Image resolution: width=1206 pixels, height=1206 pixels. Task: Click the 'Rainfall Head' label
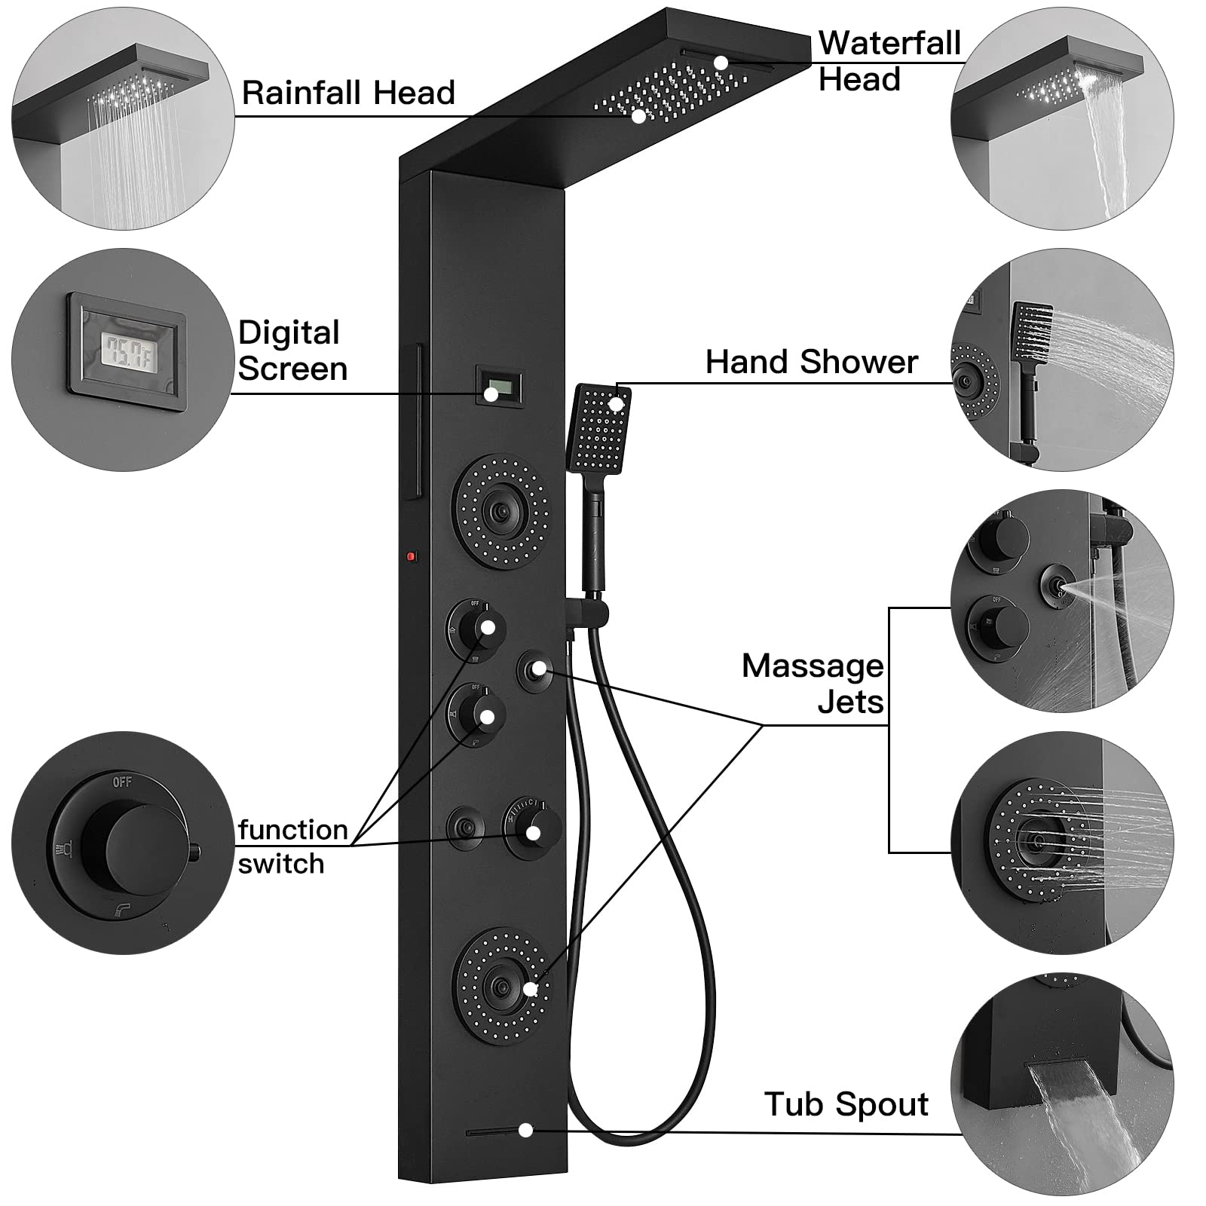pyautogui.click(x=348, y=93)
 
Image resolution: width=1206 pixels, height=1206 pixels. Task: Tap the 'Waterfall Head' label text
pyautogui.click(x=889, y=61)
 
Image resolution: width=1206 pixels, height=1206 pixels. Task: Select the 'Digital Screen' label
pyautogui.click(x=292, y=351)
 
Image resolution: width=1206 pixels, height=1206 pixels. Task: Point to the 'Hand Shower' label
pyautogui.click(x=811, y=363)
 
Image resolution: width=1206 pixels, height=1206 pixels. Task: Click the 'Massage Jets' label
pyautogui.click(x=813, y=684)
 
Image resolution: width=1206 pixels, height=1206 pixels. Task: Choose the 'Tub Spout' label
pyautogui.click(x=846, y=1105)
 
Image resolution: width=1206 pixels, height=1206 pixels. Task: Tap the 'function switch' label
pyautogui.click(x=293, y=846)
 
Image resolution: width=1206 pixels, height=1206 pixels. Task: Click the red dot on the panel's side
pyautogui.click(x=412, y=557)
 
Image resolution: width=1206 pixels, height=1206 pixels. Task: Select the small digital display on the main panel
pyautogui.click(x=491, y=384)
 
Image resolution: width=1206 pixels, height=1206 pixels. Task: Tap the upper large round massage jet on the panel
pyautogui.click(x=500, y=511)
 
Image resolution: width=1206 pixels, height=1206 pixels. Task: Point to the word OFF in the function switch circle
pyautogui.click(x=122, y=782)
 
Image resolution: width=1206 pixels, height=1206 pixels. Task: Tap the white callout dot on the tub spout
pyautogui.click(x=526, y=1131)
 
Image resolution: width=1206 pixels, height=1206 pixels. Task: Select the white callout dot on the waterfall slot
pyautogui.click(x=721, y=63)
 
